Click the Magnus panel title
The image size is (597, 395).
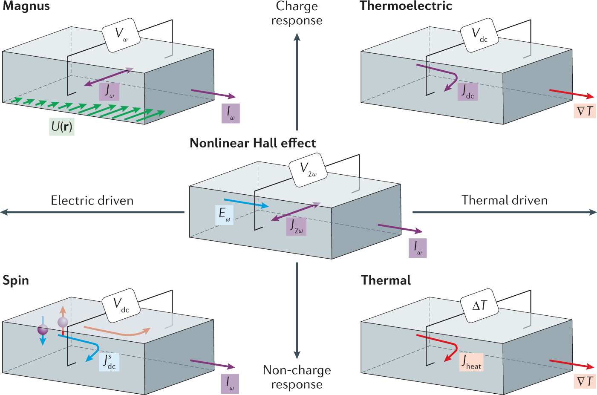tap(26, 6)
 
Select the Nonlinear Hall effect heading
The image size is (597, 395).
tap(253, 143)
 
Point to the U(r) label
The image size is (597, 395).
tap(62, 127)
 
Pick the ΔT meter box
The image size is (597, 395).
tap(480, 306)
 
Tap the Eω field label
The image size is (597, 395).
tap(224, 215)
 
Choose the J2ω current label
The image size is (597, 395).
tap(296, 226)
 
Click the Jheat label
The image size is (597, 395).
tap(471, 362)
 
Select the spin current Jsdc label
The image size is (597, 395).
tap(109, 362)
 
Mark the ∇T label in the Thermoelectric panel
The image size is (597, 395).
tap(585, 111)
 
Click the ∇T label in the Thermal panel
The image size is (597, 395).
tap(585, 381)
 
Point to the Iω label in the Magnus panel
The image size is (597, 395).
tap(231, 113)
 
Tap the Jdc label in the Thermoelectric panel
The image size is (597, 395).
tap(467, 92)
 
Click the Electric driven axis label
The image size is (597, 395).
tap(92, 200)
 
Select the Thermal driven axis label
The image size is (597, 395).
tap(505, 200)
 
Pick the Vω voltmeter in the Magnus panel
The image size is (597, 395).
tap(121, 35)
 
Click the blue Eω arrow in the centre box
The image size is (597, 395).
tap(246, 203)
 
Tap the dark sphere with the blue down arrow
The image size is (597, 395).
tap(43, 329)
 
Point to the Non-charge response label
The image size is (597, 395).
tap(297, 377)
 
